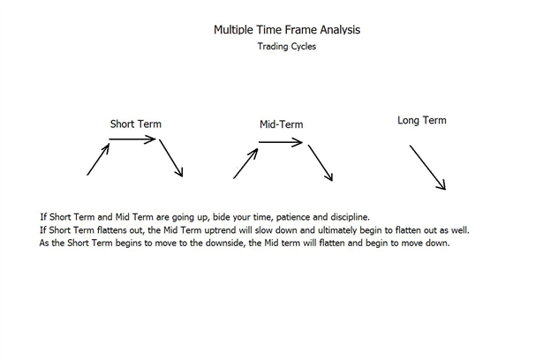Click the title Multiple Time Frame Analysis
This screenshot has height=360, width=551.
tap(287, 30)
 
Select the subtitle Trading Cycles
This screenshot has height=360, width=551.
tap(287, 47)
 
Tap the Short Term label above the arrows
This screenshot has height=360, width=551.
tap(136, 124)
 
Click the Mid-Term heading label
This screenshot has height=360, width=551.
tap(281, 124)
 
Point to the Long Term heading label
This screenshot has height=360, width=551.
tap(422, 121)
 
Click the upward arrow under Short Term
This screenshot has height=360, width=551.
tap(98, 159)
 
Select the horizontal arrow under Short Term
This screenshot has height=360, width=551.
tap(132, 139)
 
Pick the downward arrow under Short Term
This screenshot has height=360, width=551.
tap(171, 158)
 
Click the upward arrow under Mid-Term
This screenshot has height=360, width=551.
tap(245, 163)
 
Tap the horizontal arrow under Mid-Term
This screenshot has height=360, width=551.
tap(281, 142)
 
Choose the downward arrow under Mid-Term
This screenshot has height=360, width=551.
tap(321, 163)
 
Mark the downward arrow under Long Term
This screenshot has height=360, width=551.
tap(427, 168)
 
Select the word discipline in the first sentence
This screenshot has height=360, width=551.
tap(350, 217)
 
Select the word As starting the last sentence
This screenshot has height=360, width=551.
tap(44, 243)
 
